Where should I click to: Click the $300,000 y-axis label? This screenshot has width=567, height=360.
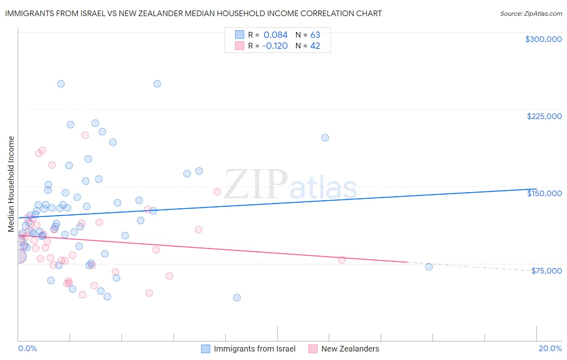(x=543, y=39)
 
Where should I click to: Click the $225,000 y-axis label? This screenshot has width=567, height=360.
(x=544, y=116)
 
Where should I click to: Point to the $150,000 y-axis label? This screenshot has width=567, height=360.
(x=544, y=193)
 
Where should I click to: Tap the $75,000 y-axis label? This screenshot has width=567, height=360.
(x=546, y=271)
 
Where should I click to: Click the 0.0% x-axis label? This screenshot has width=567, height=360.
(x=27, y=348)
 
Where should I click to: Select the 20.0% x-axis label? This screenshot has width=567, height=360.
(x=550, y=348)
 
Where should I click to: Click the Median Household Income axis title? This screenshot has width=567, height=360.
(x=11, y=184)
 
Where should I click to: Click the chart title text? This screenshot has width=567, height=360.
(x=193, y=13)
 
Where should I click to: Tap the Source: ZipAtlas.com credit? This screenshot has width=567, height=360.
(x=531, y=13)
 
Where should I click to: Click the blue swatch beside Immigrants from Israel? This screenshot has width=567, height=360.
(x=206, y=349)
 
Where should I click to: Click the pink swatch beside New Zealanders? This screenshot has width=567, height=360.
(x=313, y=349)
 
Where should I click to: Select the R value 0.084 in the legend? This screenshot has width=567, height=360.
(x=275, y=35)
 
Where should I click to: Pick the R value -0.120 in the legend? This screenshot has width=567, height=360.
(x=275, y=46)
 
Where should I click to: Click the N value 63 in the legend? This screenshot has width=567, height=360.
(x=315, y=35)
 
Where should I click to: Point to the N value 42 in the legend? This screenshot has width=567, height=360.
(x=315, y=46)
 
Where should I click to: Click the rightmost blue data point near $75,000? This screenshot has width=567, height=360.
(x=429, y=267)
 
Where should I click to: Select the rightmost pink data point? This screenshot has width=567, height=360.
(x=342, y=260)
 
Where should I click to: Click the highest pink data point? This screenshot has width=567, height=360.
(x=85, y=135)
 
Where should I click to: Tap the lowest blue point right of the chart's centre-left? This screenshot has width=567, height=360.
(x=237, y=297)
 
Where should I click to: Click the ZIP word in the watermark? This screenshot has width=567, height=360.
(x=256, y=185)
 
